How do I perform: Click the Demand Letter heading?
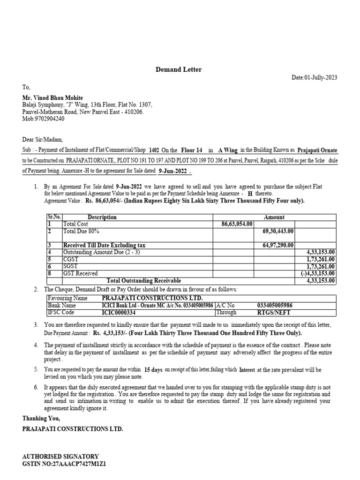[x=179, y=69]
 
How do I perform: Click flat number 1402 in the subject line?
[x=154, y=150]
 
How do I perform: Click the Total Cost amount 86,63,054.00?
[x=237, y=225]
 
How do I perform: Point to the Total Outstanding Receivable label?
[x=144, y=281]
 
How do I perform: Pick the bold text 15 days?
[x=153, y=370]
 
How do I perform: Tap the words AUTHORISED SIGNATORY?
[x=60, y=456]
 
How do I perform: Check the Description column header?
[x=102, y=217]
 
